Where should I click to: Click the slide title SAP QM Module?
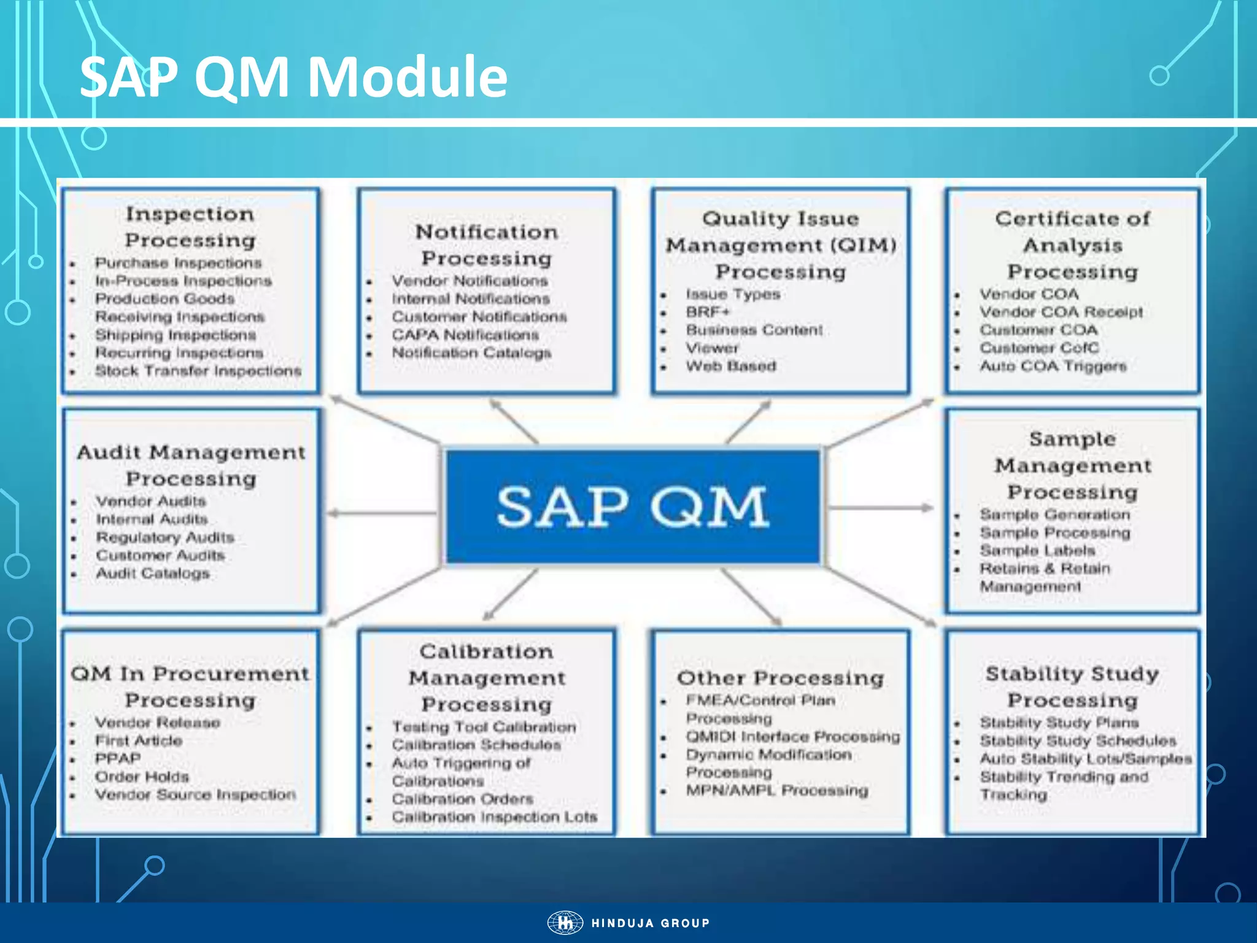click(x=293, y=77)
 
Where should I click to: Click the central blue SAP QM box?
click(x=632, y=506)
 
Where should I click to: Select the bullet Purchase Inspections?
click(x=178, y=263)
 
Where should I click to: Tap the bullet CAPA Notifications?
click(x=465, y=335)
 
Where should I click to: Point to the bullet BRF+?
click(x=708, y=312)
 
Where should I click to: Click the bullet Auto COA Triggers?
click(x=1053, y=366)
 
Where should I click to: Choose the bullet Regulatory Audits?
click(x=164, y=537)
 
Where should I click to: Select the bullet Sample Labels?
click(x=1037, y=550)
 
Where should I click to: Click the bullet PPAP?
click(x=117, y=758)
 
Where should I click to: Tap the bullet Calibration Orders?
click(x=462, y=799)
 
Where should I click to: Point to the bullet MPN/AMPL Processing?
click(x=776, y=790)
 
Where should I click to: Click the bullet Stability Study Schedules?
click(x=1077, y=740)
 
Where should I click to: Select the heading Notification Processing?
click(x=487, y=245)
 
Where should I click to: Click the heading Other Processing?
click(x=780, y=678)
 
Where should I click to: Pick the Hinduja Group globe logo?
click(x=565, y=923)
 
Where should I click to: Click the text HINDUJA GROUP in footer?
click(x=650, y=923)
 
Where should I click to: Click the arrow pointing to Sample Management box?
click(x=881, y=508)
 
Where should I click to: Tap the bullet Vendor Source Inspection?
click(x=195, y=794)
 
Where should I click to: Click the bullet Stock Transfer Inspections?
click(x=198, y=371)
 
